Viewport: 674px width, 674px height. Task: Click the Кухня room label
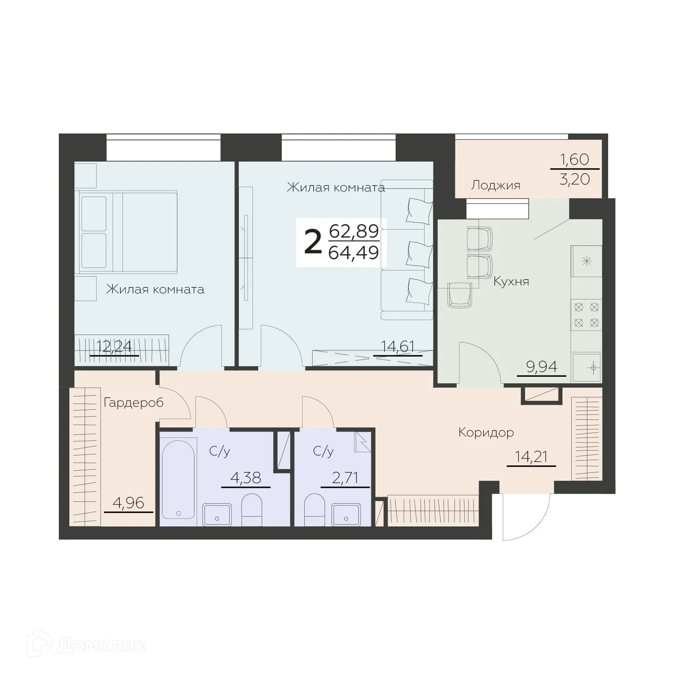pos(511,281)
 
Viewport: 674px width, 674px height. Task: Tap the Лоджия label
pos(495,185)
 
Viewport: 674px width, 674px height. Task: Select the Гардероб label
pos(133,402)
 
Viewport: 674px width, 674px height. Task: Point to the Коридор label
pos(486,433)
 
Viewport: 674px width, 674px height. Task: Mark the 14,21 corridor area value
pos(531,457)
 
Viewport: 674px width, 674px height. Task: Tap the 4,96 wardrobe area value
pos(128,503)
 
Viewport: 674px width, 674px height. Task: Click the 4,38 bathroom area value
pos(245,478)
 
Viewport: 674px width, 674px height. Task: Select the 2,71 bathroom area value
pos(345,478)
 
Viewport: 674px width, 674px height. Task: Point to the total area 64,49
pos(353,253)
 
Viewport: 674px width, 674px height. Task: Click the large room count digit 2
pos(313,243)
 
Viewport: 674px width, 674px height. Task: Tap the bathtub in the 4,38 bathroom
pos(178,479)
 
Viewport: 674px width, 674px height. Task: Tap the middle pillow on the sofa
pos(419,253)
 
